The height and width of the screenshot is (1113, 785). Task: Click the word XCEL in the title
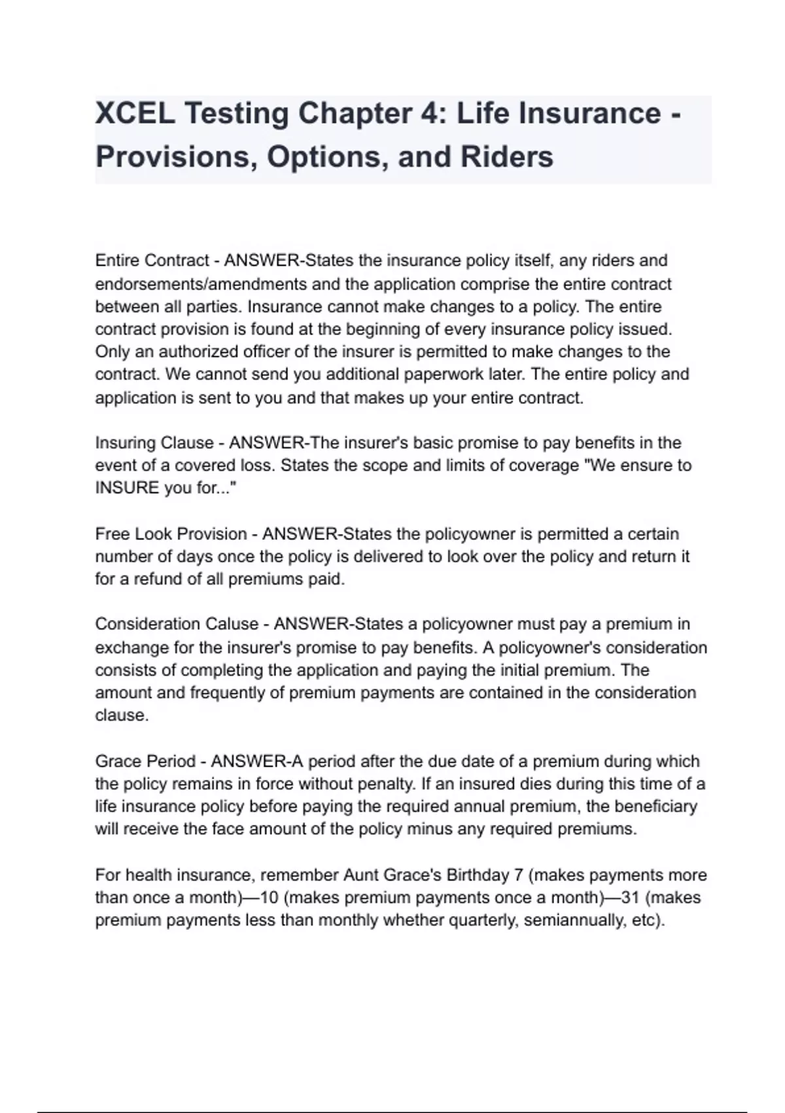point(135,114)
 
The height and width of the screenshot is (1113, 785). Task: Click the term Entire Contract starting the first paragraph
point(152,261)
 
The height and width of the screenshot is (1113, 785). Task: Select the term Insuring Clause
point(154,443)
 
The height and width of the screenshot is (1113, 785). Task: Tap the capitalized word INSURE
point(127,488)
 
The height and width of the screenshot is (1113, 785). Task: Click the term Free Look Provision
point(171,534)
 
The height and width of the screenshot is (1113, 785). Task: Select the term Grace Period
point(145,761)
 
